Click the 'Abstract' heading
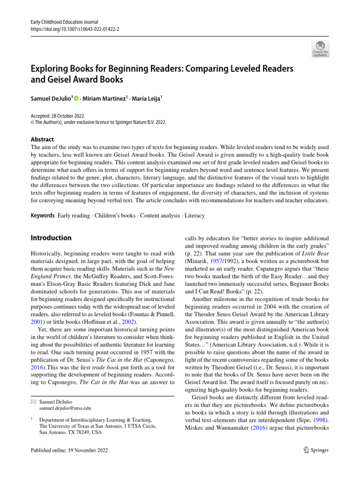pyautogui.click(x=42, y=139)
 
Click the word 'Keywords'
pyautogui.click(x=41, y=216)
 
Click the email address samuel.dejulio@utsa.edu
pyautogui.click(x=65, y=409)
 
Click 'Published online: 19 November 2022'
pyautogui.click(x=69, y=450)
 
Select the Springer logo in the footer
pyautogui.click(x=313, y=450)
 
